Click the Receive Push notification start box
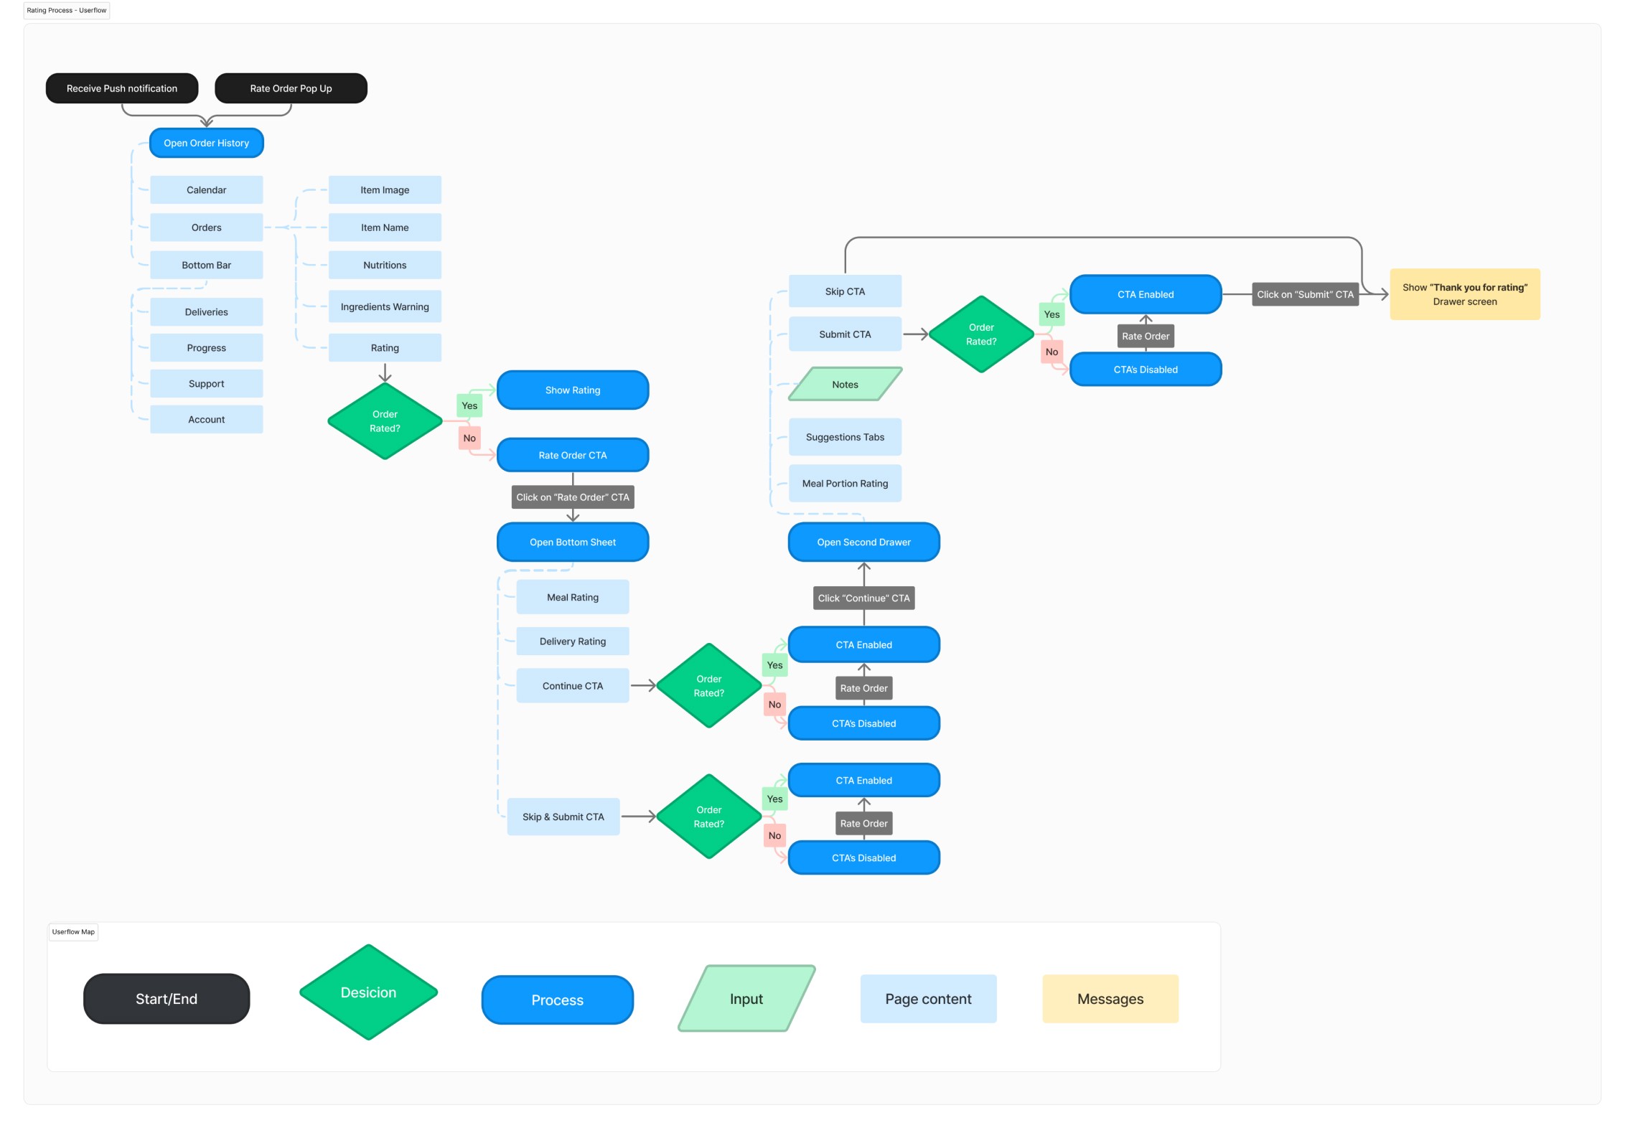(122, 88)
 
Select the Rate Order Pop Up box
(291, 88)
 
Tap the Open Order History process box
(207, 143)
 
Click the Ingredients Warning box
(385, 306)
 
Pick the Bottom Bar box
(207, 265)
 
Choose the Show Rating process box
(573, 390)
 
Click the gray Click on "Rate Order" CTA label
(573, 497)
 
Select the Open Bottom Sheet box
(573, 542)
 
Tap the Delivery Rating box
(573, 641)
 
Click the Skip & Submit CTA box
(563, 817)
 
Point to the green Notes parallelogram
(846, 385)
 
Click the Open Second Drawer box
(864, 542)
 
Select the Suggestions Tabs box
(846, 437)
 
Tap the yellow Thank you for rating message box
(1465, 294)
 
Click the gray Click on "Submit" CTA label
(1306, 294)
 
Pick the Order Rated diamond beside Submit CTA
(981, 334)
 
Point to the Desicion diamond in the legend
(369, 992)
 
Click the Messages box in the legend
(1110, 999)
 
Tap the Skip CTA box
(846, 291)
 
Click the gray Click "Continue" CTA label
(864, 598)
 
